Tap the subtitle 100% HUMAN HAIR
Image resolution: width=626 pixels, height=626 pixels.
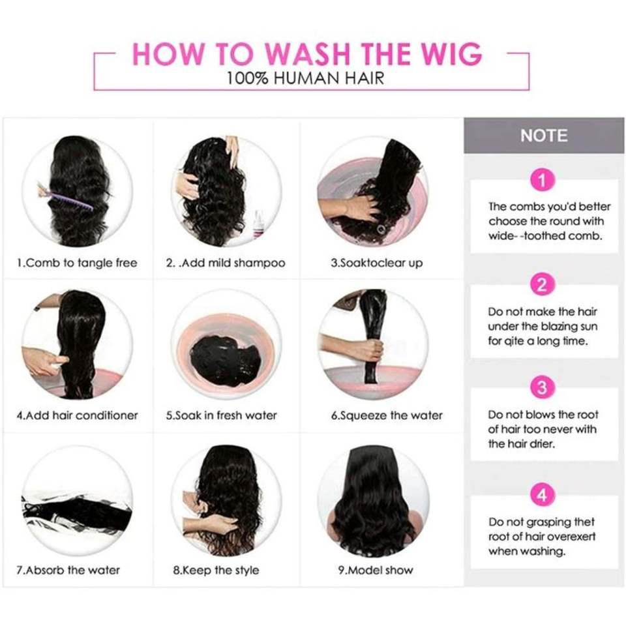[305, 78]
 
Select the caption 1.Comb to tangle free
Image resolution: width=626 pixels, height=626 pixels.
[77, 263]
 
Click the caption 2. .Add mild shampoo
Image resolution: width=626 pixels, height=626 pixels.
[226, 263]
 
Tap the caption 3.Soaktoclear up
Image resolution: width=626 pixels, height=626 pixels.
[376, 263]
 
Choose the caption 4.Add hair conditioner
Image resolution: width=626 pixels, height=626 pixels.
[77, 415]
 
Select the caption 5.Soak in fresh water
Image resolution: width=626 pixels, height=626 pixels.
[222, 415]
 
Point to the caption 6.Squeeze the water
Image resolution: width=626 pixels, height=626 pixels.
[387, 415]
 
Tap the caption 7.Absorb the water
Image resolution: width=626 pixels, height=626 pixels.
[68, 570]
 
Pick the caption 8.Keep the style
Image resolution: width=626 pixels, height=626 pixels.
[216, 570]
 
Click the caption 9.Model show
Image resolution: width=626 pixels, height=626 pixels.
[376, 570]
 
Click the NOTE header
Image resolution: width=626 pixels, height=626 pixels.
[544, 136]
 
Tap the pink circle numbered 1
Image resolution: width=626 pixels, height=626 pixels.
[543, 181]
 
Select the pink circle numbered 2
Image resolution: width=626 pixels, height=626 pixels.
[543, 285]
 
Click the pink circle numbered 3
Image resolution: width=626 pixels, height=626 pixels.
[543, 387]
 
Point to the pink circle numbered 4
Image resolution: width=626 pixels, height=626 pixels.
[543, 495]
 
